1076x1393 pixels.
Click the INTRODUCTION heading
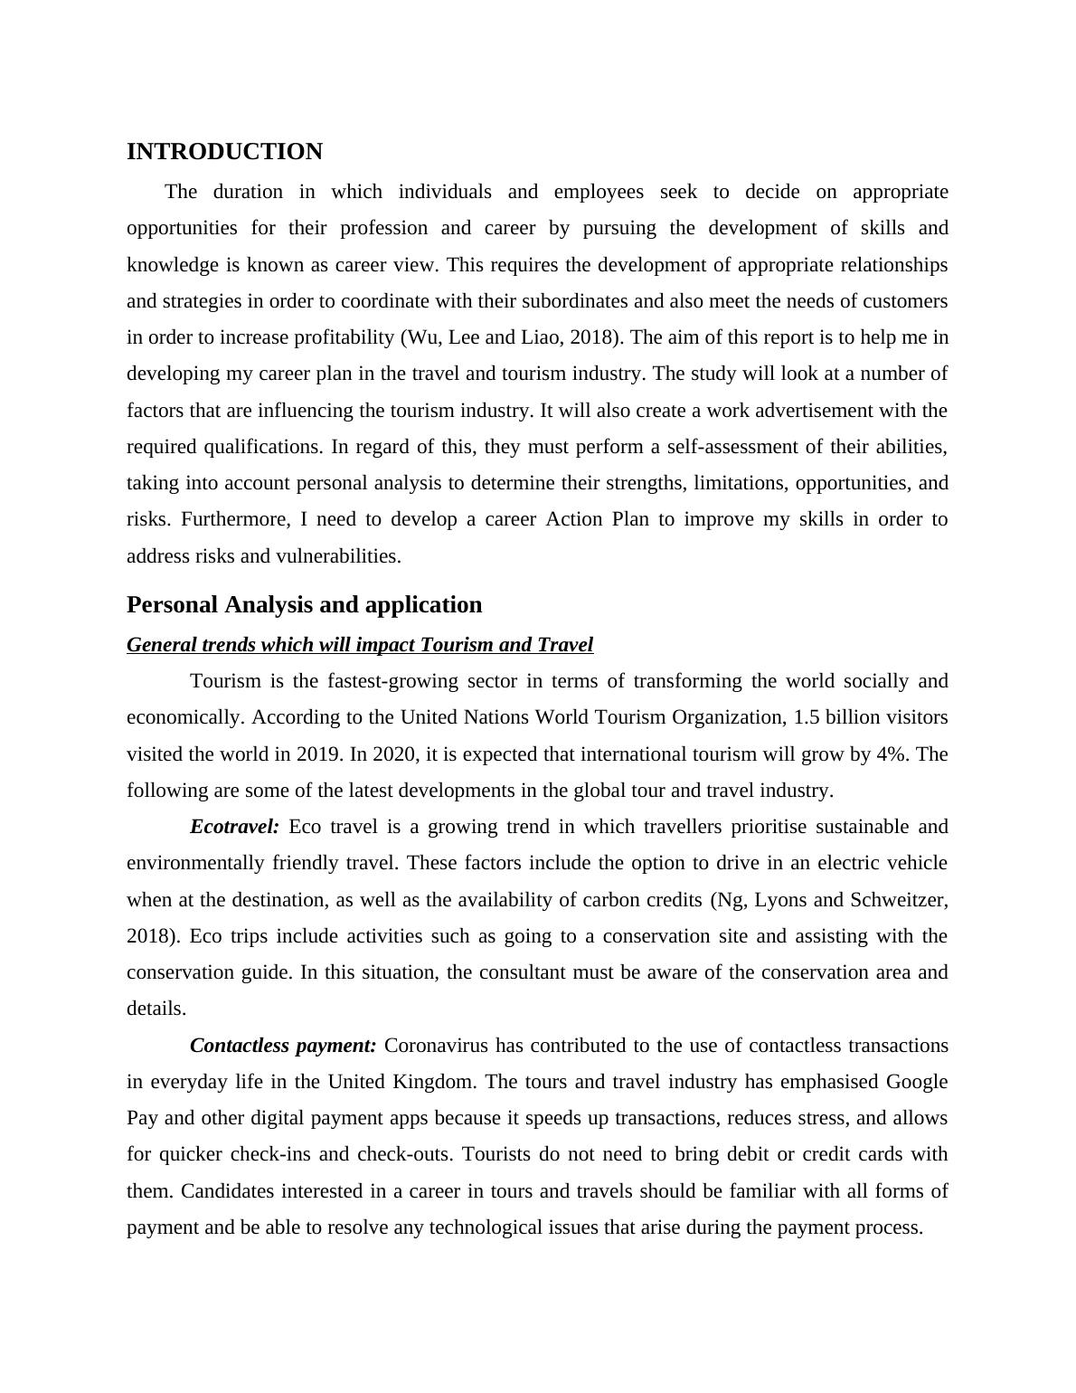pos(224,152)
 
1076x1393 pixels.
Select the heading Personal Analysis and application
pos(304,604)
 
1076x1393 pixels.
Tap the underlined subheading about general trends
pos(360,645)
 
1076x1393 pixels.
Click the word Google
pos(917,1082)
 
